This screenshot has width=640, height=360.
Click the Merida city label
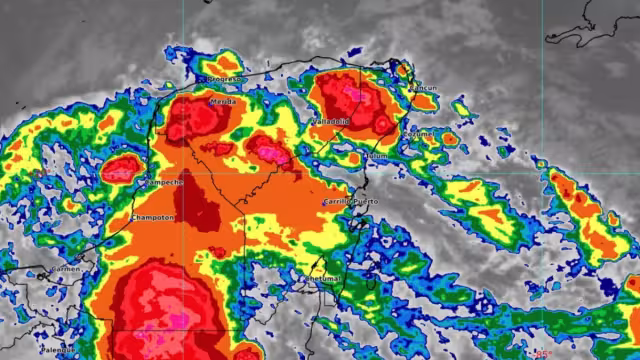click(222, 101)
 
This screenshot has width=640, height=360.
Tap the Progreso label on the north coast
click(224, 78)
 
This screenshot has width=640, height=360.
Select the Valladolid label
click(332, 120)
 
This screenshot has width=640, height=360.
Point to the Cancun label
click(424, 87)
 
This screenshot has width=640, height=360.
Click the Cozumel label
click(417, 132)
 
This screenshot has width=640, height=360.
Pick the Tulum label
click(376, 156)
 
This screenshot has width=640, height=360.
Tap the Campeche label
click(164, 183)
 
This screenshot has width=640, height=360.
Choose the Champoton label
click(153, 217)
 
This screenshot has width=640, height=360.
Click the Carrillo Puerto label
click(350, 202)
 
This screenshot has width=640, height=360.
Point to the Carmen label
click(65, 269)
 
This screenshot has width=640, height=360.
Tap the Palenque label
click(58, 350)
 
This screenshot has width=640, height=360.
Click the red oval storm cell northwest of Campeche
click(122, 167)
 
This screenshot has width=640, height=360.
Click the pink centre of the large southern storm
click(160, 310)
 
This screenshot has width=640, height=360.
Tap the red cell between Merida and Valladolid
click(268, 150)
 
